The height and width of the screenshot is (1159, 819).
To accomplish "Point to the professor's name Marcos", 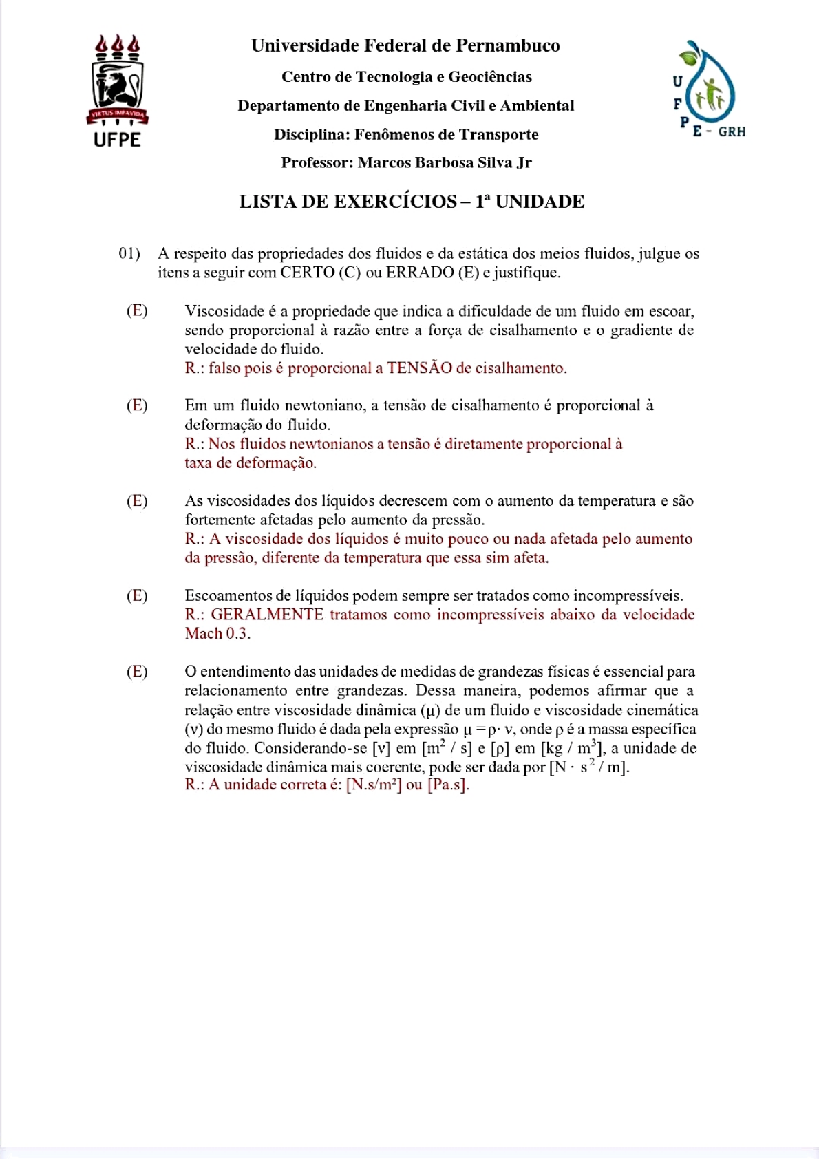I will point(382,163).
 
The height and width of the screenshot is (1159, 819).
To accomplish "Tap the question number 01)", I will point(129,254).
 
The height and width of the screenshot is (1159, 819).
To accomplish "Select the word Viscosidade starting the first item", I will point(224,311).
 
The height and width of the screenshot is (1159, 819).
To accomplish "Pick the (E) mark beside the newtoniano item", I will point(137,405).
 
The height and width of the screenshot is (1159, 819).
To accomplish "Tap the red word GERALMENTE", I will point(267,615).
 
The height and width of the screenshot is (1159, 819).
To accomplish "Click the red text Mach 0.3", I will point(217,634).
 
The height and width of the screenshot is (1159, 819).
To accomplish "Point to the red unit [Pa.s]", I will point(448,785).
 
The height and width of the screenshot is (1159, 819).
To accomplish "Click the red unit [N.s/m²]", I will point(374,785).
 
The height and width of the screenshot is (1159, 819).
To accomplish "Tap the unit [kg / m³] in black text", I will point(573,748).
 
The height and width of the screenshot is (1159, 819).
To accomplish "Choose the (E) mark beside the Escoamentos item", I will point(137,596).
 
